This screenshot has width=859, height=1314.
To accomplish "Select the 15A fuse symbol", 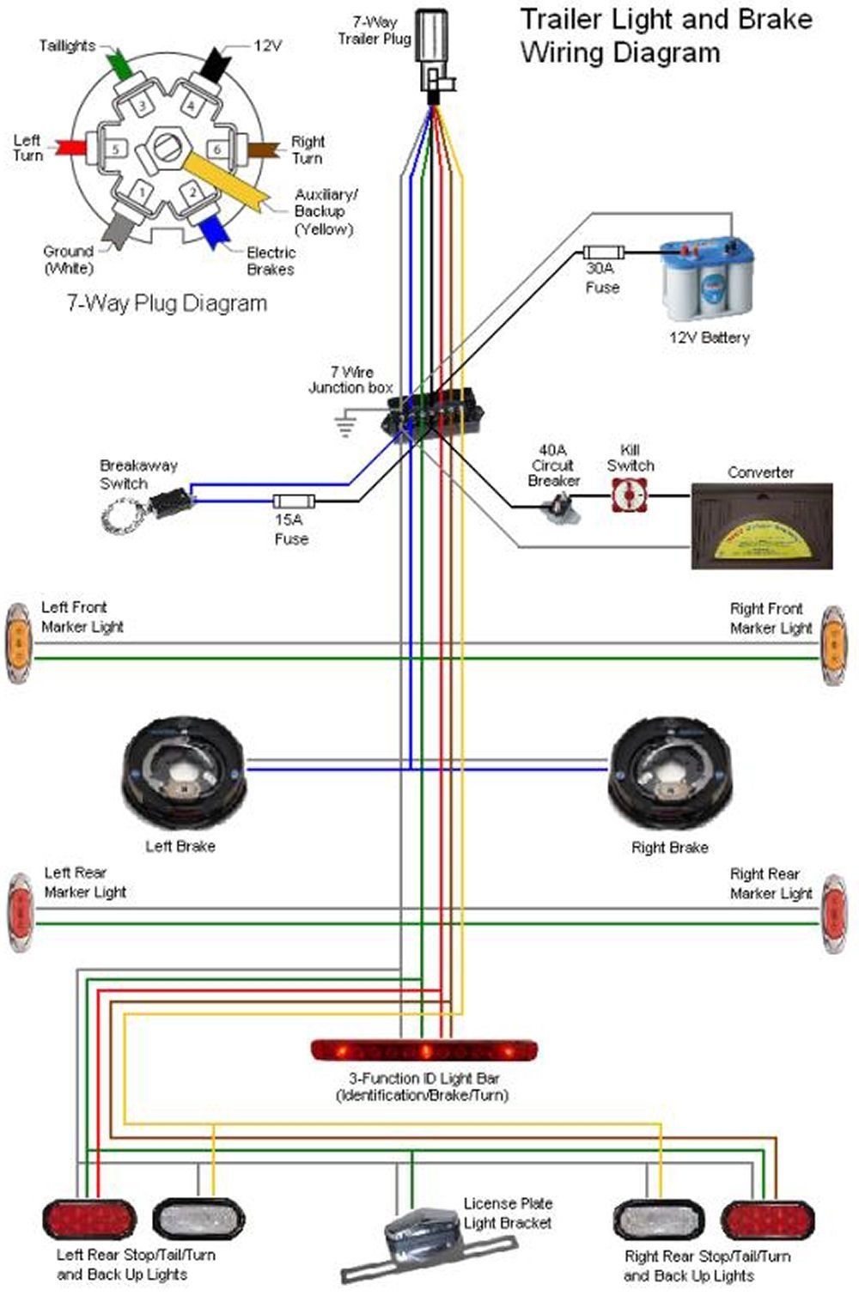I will (293, 502).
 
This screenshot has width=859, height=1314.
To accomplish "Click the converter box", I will (762, 526).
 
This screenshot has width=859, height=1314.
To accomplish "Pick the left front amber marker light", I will (18, 644).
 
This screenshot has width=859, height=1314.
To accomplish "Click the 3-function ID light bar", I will (423, 1049).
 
